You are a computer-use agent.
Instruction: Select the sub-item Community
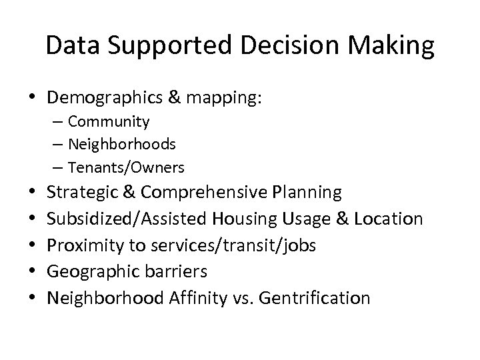(109, 122)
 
